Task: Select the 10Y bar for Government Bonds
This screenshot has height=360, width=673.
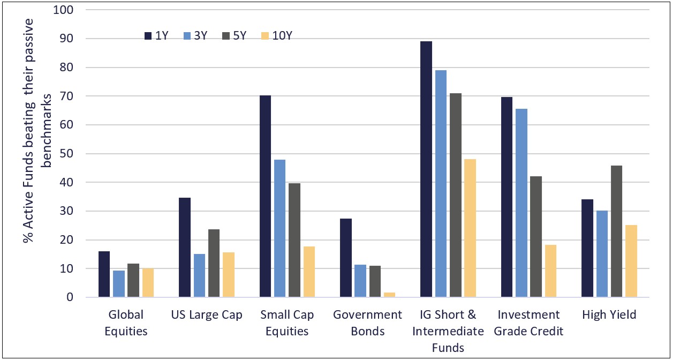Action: pos(390,295)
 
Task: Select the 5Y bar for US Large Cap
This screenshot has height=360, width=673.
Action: pos(214,263)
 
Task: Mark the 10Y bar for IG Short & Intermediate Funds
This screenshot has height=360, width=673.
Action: pos(471,228)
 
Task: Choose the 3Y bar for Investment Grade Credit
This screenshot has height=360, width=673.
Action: pos(521,203)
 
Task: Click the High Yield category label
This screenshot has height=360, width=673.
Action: pos(609,315)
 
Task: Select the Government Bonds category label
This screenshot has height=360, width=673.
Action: pos(368,322)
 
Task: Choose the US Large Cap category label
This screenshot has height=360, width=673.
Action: pos(207,315)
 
